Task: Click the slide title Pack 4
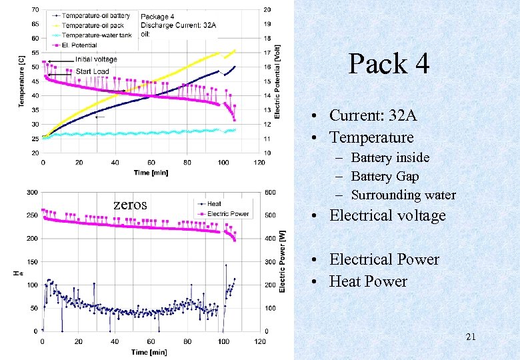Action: click(x=389, y=64)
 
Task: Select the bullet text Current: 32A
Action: click(x=373, y=115)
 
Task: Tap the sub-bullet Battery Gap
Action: click(x=385, y=176)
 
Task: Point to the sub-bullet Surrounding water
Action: click(x=403, y=195)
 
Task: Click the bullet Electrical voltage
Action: click(x=387, y=215)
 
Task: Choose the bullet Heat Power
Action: click(x=368, y=281)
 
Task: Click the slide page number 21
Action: click(x=470, y=337)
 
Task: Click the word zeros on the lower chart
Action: click(x=130, y=205)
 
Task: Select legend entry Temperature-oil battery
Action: click(x=97, y=15)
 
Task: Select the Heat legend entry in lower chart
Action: click(x=215, y=204)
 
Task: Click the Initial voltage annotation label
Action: click(x=96, y=60)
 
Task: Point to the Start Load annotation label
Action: click(x=92, y=71)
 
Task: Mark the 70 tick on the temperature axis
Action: click(x=35, y=9)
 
